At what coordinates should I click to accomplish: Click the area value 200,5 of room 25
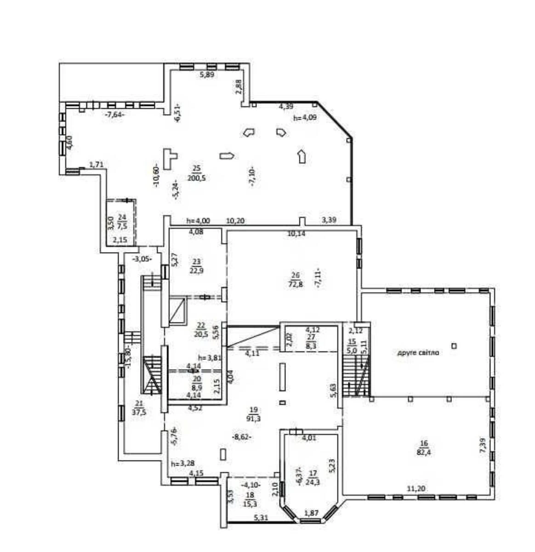(196, 178)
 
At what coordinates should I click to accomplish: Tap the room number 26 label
(295, 276)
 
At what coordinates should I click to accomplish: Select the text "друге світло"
(418, 353)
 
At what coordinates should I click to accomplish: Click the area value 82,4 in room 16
(424, 452)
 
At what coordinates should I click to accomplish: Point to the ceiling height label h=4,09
(305, 117)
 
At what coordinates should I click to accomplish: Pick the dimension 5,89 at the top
(206, 74)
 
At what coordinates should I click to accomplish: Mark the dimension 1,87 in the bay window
(311, 513)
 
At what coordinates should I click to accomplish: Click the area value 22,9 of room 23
(196, 270)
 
